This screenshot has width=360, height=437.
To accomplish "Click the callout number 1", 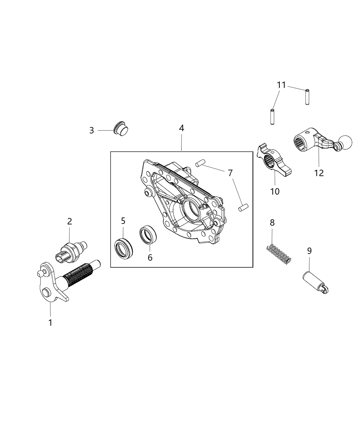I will [50, 323].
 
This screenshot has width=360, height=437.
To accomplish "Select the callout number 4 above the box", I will [181, 128].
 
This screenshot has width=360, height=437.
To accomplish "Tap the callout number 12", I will [319, 173].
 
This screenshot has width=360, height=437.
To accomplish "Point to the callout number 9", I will [309, 251].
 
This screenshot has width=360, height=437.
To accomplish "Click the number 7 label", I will [230, 173].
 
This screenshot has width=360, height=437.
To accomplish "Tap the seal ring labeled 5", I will [122, 246].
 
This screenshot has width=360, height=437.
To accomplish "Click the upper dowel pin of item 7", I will [197, 165].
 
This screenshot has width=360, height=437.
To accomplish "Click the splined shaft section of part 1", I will [79, 273].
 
